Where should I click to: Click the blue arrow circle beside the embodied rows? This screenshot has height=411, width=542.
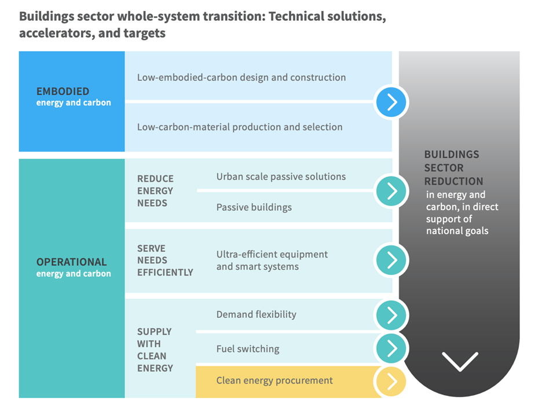(392, 102)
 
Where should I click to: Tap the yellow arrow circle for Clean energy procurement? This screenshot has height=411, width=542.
(391, 381)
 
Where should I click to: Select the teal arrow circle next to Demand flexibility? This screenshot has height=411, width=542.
(392, 315)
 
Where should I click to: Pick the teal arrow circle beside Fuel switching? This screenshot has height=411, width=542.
(392, 348)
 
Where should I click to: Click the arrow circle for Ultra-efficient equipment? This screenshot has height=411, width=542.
(392, 259)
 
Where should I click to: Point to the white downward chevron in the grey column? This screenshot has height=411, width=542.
(460, 361)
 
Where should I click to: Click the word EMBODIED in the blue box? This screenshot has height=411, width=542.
(63, 91)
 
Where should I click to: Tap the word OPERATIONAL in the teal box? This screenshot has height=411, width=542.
(71, 262)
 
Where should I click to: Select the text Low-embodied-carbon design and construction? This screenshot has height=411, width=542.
(241, 78)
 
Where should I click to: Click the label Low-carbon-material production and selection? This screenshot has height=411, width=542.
(239, 127)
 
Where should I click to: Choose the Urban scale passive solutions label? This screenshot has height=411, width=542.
(281, 177)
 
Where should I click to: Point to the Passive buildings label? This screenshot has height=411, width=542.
(254, 207)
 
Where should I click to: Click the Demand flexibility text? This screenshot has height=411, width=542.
(256, 314)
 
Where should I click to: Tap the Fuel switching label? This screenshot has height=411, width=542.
(247, 349)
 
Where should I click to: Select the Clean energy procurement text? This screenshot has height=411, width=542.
(274, 380)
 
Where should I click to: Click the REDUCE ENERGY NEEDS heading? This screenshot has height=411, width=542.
(155, 190)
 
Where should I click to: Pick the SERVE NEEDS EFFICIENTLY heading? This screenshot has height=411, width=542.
(164, 260)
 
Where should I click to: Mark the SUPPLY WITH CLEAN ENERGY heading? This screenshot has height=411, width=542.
(155, 350)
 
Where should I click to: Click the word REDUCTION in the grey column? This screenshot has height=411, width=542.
(453, 181)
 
